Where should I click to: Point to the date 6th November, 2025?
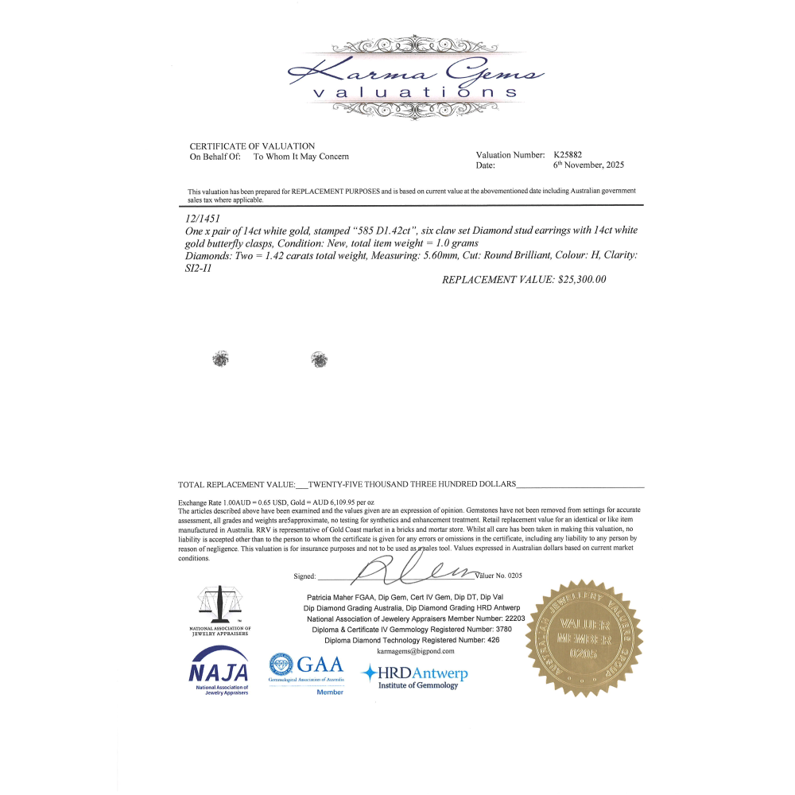tap(588, 165)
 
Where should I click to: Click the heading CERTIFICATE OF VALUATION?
tap(252, 146)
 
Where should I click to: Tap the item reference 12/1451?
tap(202, 217)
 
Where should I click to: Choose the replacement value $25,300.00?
tap(524, 280)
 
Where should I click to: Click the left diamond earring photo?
tap(219, 359)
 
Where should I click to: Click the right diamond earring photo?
tap(320, 360)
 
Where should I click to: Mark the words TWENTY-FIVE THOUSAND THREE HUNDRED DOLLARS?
tap(412, 483)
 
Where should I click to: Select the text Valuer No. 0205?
tap(499, 575)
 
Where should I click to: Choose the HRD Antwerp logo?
tap(415, 677)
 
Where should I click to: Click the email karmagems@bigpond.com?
tap(404, 650)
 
